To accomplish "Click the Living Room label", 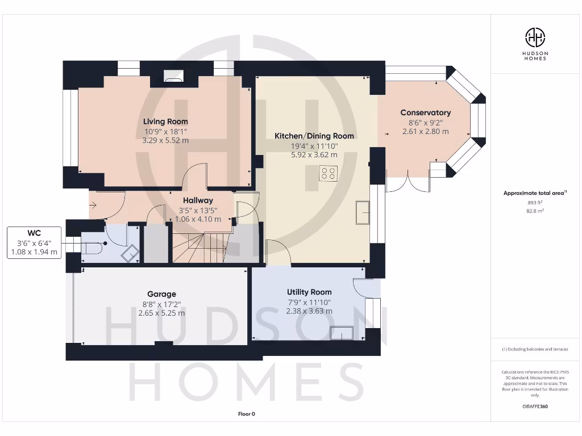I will [x=165, y=121].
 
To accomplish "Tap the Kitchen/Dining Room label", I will [x=314, y=136].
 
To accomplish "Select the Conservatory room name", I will [x=425, y=112].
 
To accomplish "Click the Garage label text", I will [x=161, y=294].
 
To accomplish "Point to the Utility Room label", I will [x=309, y=292].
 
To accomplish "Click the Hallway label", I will [x=198, y=200].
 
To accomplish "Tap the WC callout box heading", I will [x=34, y=233].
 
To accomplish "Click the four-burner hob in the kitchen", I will [x=328, y=173].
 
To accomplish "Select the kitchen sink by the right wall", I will [x=362, y=212].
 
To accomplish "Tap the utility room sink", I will [x=341, y=333].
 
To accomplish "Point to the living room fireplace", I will [x=173, y=77].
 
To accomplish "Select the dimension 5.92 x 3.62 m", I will [x=314, y=154].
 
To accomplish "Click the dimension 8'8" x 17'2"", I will [x=161, y=304].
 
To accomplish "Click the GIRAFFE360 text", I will [x=535, y=406].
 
